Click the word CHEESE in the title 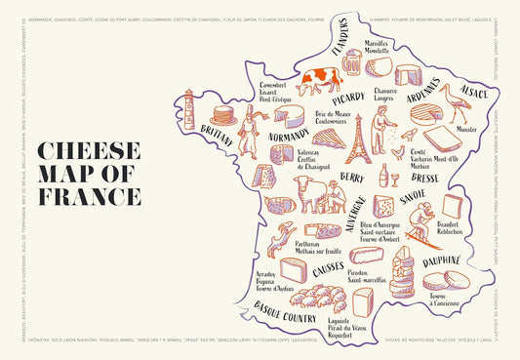coord(87,152)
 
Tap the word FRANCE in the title coord(88,197)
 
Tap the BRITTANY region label coord(216,138)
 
